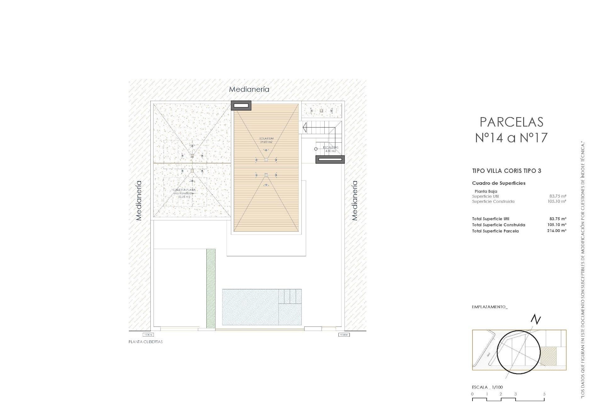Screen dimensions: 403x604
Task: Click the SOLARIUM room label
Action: [x=266, y=139]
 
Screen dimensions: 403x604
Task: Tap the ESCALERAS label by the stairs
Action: [x=330, y=147]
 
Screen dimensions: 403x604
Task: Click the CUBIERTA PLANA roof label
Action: [x=184, y=190]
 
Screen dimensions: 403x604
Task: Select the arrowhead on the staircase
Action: [x=305, y=128]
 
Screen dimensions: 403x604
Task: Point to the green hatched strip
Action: [x=211, y=288]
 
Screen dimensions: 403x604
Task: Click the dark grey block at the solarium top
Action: [x=241, y=105]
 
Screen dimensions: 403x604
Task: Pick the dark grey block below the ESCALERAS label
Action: [x=330, y=160]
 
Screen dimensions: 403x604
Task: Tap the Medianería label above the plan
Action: [x=249, y=89]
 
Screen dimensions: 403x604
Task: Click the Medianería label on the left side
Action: [x=139, y=200]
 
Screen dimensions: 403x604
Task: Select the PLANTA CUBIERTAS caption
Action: [x=146, y=342]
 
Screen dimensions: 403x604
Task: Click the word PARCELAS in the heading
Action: [x=512, y=122]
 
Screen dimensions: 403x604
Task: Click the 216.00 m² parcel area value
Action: [x=556, y=231]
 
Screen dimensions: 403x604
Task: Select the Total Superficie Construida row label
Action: [x=498, y=225]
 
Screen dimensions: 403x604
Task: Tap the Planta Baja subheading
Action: [x=486, y=191]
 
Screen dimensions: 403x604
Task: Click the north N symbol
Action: [x=536, y=320]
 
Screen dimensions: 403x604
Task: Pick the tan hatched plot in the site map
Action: [x=548, y=356]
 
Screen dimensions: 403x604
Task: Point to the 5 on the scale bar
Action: [x=544, y=394]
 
